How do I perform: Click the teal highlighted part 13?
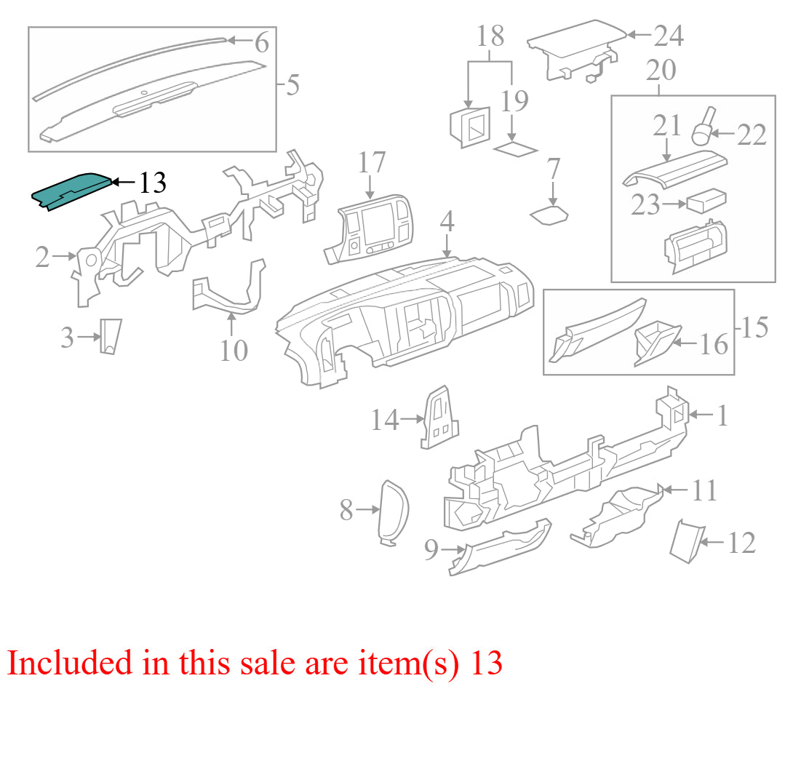point(71,191)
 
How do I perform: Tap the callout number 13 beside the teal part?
point(153,183)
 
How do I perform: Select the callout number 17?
point(371,162)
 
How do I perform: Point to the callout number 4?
point(447,221)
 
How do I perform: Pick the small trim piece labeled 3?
point(111,337)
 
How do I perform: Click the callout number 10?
point(234,351)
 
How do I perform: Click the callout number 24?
point(669,36)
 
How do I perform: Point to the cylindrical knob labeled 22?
point(703,126)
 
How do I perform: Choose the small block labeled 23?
point(706,201)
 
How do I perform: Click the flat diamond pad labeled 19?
point(515,150)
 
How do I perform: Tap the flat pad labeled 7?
point(549,215)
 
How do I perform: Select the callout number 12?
point(741,543)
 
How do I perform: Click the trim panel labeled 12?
point(687,541)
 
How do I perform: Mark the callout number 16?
point(714,344)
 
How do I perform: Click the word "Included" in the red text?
point(70,663)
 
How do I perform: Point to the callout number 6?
point(262,42)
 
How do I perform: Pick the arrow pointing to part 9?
point(453,549)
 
